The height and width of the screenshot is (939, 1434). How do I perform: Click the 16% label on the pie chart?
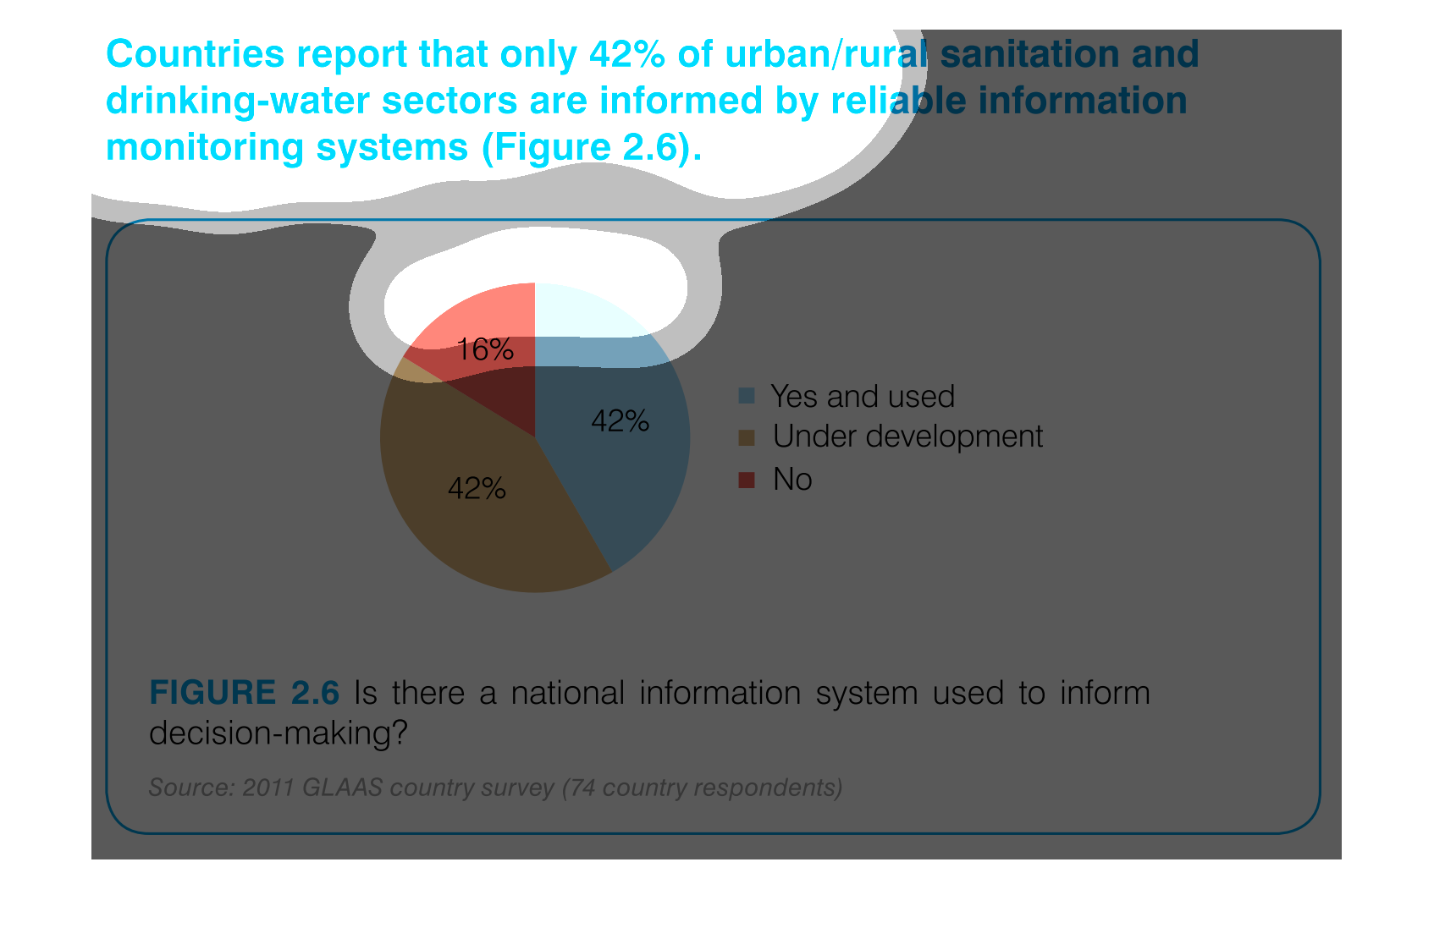pos(485,350)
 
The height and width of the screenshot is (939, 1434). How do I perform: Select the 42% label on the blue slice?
pos(620,421)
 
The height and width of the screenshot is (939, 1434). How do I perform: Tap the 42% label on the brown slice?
pos(477,489)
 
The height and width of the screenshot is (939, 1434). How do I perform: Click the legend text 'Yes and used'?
pos(863,396)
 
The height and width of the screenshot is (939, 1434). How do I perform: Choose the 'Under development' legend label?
pos(907,437)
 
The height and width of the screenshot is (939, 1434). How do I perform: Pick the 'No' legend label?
pos(792,479)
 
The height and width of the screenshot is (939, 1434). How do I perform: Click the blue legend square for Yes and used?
pos(747,395)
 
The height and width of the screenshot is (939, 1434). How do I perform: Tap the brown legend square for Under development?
pos(747,437)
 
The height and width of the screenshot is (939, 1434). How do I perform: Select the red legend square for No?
pos(747,480)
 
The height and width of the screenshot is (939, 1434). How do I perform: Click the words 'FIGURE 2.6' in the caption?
pos(244,693)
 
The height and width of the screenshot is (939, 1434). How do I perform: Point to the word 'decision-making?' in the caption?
pos(278,733)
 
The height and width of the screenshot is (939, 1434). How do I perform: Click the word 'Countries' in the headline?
pos(195,54)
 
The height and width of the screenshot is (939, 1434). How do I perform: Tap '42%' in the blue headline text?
pos(626,54)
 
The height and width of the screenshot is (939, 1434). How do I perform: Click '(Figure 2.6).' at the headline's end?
pos(593,147)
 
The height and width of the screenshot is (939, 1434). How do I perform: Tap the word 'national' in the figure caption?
pos(568,693)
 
